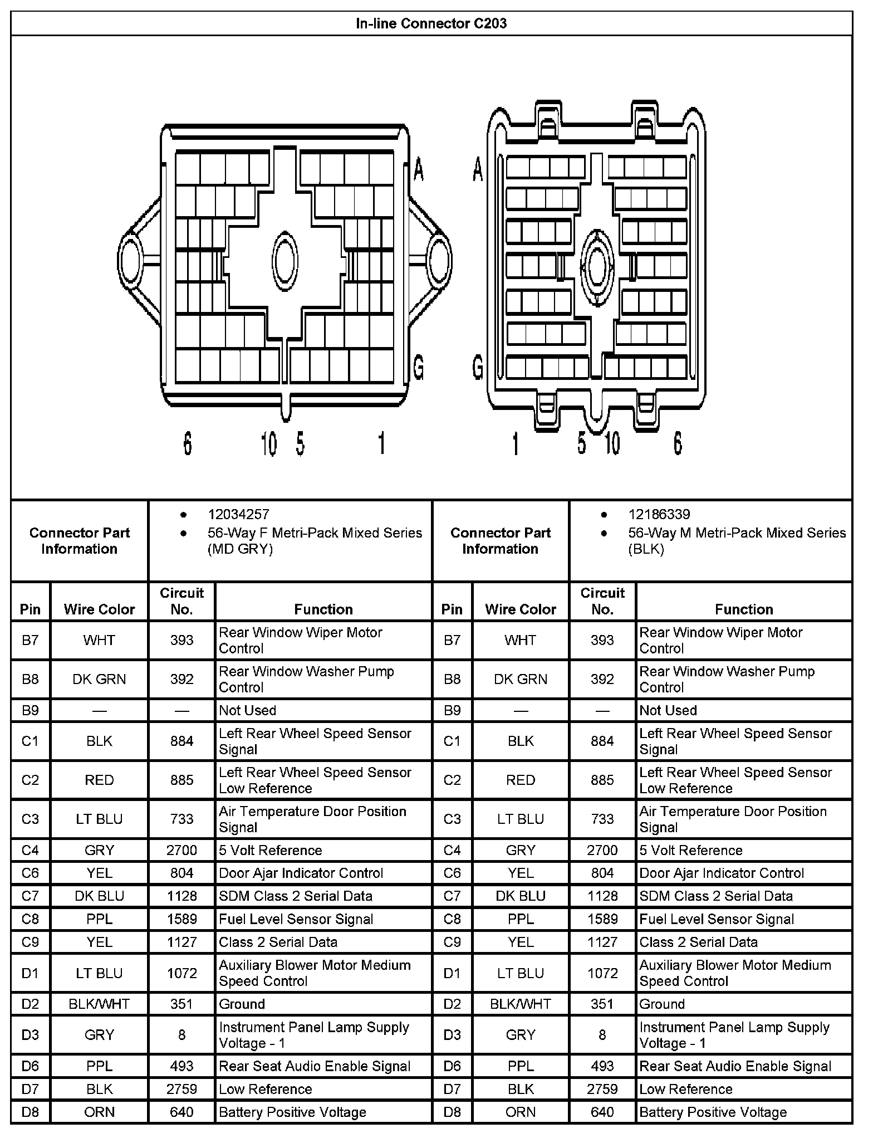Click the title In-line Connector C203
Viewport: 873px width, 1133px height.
431,23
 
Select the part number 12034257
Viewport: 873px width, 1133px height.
238,514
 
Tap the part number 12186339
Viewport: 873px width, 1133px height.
659,514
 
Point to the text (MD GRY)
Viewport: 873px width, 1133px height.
240,549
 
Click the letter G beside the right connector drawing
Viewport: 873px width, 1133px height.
477,368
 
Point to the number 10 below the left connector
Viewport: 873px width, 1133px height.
269,444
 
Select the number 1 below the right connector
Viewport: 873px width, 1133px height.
516,444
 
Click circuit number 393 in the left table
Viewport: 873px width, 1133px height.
182,640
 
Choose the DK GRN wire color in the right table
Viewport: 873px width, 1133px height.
520,679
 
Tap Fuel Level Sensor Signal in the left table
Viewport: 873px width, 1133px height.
296,919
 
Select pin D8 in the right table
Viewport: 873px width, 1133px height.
452,1112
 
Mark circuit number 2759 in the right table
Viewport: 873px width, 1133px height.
602,1089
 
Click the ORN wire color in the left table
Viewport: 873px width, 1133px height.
99,1112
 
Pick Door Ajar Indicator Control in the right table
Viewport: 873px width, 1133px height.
722,873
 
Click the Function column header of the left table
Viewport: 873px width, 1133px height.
323,609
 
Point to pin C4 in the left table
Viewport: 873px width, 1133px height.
30,850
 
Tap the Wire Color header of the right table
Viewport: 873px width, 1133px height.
520,609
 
